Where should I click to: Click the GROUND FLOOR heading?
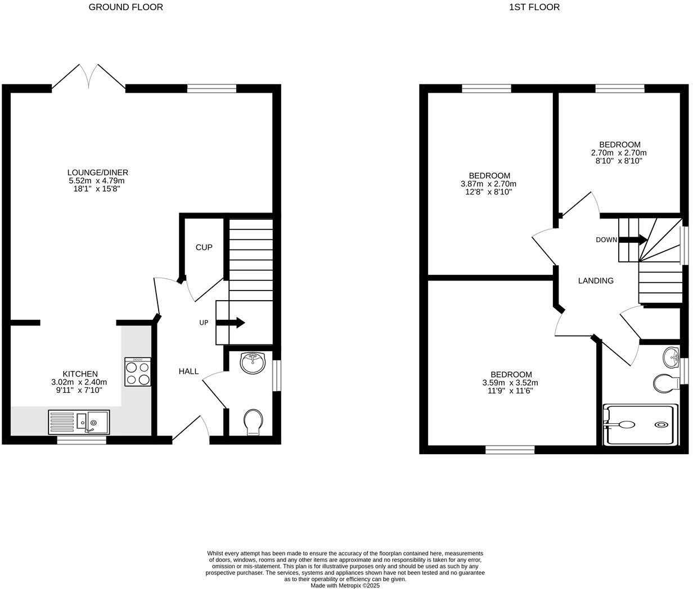[126, 7]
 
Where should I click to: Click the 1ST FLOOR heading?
[534, 7]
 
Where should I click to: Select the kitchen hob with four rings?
[138, 371]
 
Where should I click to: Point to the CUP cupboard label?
[204, 247]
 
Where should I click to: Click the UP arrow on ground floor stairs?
[231, 323]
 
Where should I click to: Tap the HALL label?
[188, 371]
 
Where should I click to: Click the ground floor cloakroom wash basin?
[253, 363]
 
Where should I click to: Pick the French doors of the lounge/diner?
[89, 77]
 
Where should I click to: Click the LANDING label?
[596, 280]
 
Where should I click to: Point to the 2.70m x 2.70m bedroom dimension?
[619, 153]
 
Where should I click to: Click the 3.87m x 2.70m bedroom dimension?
[489, 184]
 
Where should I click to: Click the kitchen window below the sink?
[81, 441]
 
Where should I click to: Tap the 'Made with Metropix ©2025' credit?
[345, 586]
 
